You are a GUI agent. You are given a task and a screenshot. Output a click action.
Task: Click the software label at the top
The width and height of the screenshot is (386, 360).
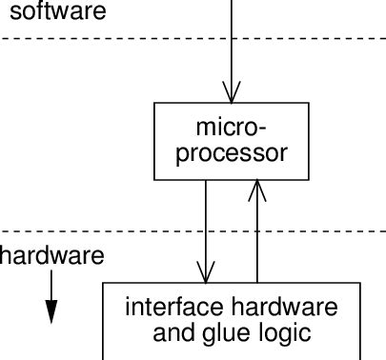pos(45,12)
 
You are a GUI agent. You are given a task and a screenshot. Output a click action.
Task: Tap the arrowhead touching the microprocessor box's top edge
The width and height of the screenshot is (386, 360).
pos(231,93)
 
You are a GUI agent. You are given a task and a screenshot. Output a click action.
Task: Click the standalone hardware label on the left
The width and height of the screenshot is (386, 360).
pos(51,256)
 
